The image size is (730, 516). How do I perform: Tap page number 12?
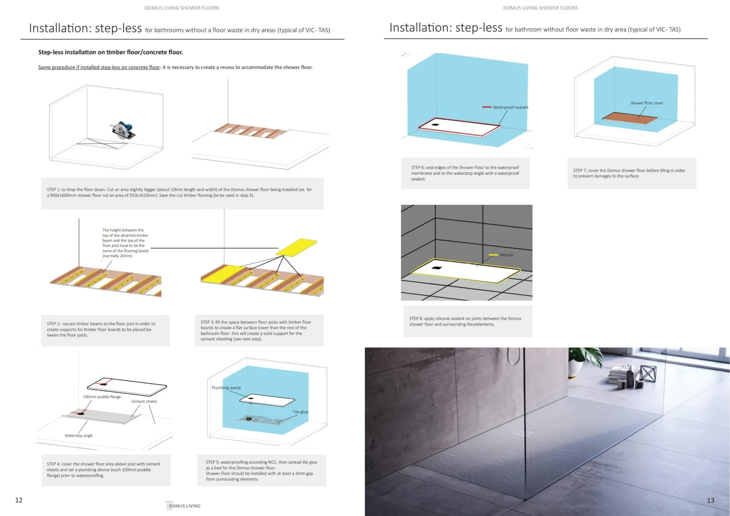[19, 500]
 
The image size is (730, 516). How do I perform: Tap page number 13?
[711, 500]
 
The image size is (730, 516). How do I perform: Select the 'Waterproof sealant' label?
[510, 107]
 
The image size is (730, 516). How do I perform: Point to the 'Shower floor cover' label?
[646, 103]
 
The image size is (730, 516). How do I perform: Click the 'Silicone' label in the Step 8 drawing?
[506, 255]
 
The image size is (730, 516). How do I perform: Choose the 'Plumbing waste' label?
[226, 388]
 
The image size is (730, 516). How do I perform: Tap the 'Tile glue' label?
[300, 412]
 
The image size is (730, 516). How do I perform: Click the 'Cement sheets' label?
[144, 401]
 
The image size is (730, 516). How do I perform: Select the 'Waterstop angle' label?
[78, 436]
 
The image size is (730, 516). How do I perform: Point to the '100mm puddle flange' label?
[102, 397]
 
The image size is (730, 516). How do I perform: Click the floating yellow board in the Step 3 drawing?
[296, 247]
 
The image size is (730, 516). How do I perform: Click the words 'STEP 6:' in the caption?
[418, 167]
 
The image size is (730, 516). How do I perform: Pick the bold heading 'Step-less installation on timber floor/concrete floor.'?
[110, 52]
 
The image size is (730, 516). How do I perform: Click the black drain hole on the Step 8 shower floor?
[436, 268]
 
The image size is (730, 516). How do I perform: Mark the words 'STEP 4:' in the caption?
[54, 464]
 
